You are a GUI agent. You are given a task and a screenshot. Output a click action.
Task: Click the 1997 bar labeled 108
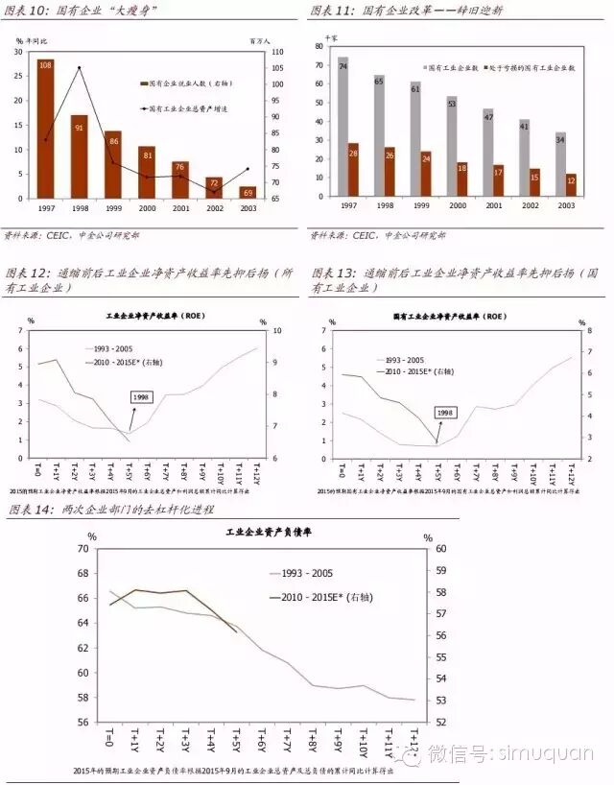(x=45, y=129)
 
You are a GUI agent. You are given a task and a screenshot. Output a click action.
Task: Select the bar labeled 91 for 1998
(x=80, y=156)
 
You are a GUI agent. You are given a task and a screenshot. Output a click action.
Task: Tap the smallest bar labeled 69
(x=248, y=192)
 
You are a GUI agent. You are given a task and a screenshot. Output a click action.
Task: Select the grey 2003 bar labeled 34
(x=560, y=163)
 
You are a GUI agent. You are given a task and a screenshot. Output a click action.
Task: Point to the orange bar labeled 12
(x=571, y=184)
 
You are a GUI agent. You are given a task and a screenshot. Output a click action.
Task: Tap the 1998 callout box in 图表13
(x=445, y=413)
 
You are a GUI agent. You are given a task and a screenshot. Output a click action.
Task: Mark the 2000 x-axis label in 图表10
(x=146, y=207)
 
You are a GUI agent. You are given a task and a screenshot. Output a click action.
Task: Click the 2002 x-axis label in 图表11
(x=524, y=204)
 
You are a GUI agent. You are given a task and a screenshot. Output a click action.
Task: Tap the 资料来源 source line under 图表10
(x=72, y=234)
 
